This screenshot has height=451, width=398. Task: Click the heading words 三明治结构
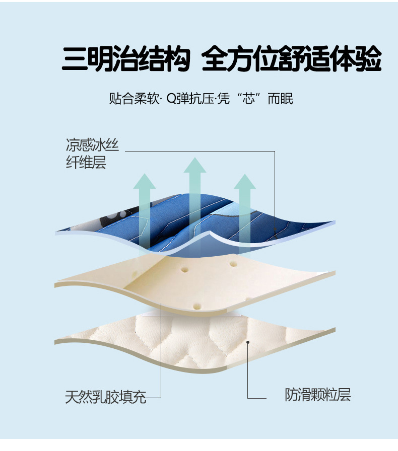tap(126, 59)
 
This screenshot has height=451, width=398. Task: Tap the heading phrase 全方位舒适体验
tap(291, 59)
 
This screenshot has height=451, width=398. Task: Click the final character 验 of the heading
tap(369, 59)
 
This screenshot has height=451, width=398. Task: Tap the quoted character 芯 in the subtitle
tap(248, 98)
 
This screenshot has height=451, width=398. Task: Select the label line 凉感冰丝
tap(92, 146)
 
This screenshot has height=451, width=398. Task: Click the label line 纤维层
tap(86, 163)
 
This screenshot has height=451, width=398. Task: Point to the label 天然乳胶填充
tap(106, 397)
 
